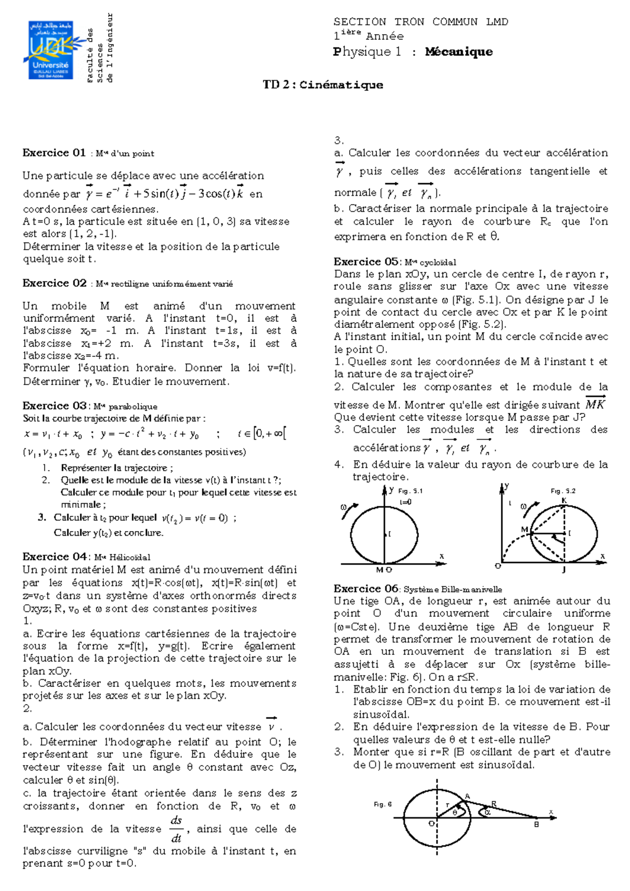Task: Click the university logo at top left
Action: (x=51, y=50)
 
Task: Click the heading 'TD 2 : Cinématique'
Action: (x=323, y=85)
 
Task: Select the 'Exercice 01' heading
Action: (x=54, y=153)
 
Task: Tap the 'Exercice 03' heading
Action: (x=54, y=406)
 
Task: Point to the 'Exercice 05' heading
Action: (x=366, y=261)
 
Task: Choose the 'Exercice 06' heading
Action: (x=366, y=588)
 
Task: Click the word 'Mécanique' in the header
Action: (x=459, y=51)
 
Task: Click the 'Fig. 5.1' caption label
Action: (x=410, y=491)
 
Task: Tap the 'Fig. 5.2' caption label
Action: (x=563, y=491)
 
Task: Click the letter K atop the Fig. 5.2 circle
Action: (x=564, y=501)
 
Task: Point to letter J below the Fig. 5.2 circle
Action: (x=564, y=569)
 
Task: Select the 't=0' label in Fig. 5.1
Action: (x=405, y=502)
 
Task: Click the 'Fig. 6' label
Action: (x=382, y=804)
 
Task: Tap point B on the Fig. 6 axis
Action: (x=536, y=824)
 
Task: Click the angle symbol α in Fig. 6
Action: (x=487, y=812)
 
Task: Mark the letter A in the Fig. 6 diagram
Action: (x=467, y=797)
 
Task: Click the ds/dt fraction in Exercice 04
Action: (x=176, y=829)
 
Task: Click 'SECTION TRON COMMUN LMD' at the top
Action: (x=421, y=22)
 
